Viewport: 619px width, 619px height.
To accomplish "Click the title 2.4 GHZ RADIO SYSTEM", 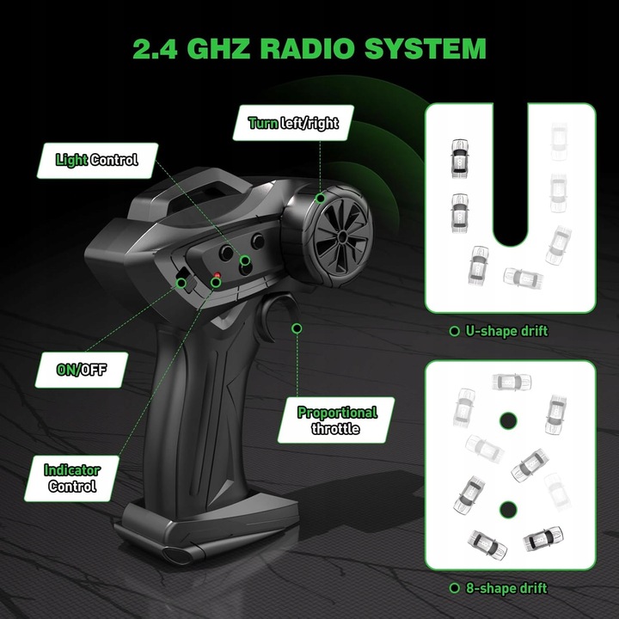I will point(309,47).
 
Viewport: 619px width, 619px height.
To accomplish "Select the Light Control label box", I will point(96,160).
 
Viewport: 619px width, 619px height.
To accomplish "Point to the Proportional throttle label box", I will point(337,420).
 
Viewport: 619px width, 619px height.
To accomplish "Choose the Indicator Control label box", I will point(72,478).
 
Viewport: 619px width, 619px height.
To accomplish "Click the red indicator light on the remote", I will point(217,277).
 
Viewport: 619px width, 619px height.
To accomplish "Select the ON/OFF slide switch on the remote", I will point(183,277).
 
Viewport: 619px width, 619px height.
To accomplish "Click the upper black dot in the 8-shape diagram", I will point(508,420).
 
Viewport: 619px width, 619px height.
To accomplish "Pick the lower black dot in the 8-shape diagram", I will point(508,508).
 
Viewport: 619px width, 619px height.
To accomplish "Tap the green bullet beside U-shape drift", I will point(454,331).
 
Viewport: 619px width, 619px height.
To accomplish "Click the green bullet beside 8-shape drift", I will point(454,589).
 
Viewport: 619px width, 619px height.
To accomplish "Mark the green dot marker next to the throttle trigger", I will point(297,328).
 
